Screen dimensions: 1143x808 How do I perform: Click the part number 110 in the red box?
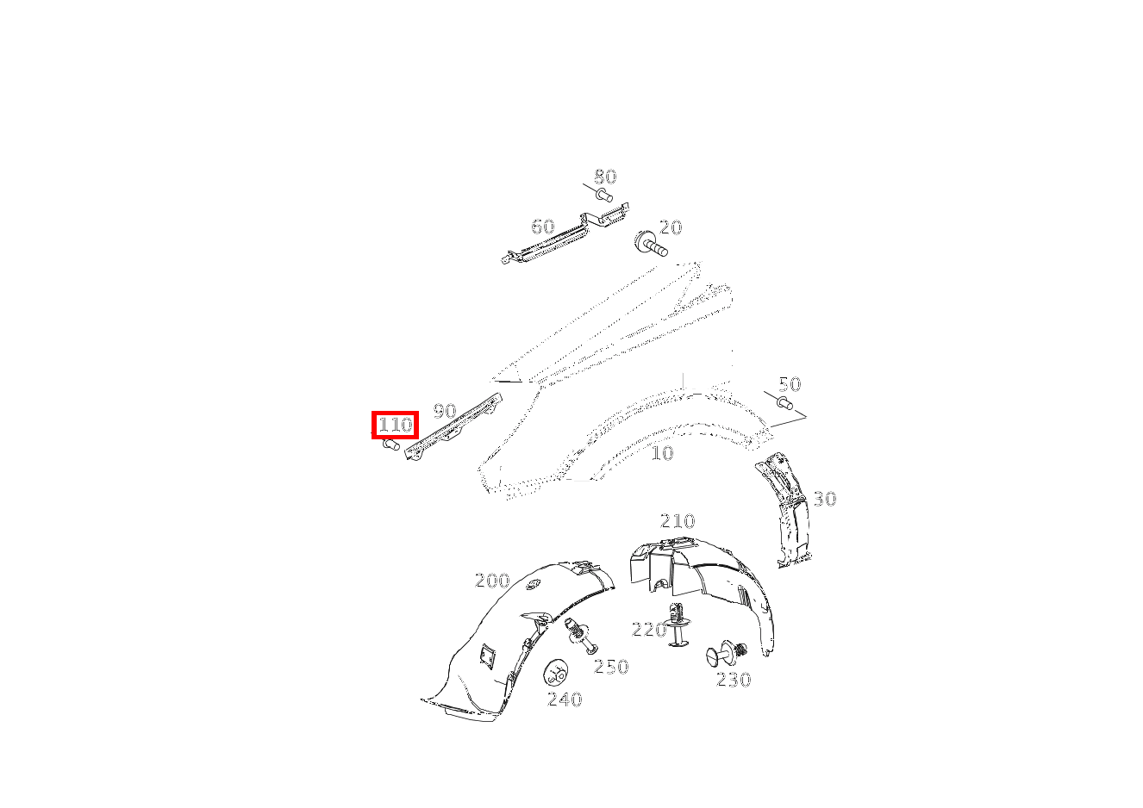[x=395, y=425]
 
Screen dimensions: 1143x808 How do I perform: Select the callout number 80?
[x=606, y=177]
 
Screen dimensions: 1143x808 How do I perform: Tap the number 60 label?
[x=543, y=227]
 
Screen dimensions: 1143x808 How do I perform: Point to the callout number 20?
[x=671, y=227]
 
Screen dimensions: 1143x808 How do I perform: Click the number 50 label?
[x=790, y=384]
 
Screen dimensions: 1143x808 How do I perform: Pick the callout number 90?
[x=445, y=410]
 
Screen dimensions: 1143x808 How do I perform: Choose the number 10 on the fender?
[x=662, y=453]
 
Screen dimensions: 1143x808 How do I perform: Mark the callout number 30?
[x=825, y=499]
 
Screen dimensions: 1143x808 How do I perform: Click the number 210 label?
[x=678, y=520]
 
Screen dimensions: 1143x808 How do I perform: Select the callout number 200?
[x=492, y=581]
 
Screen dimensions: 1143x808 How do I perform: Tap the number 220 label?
[x=649, y=630]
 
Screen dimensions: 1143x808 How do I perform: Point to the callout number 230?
[x=734, y=680]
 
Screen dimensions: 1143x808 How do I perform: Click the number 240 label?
[x=565, y=699]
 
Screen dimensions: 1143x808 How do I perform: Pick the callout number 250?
[x=611, y=666]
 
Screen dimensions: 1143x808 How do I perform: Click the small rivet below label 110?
[x=390, y=445]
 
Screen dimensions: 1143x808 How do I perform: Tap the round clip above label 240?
[x=556, y=673]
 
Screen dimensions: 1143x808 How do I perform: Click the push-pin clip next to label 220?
[x=678, y=625]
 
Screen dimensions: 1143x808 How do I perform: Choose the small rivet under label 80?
[x=604, y=195]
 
